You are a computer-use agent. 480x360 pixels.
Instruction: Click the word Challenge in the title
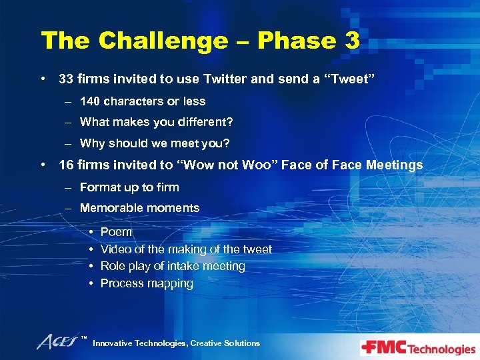point(161,41)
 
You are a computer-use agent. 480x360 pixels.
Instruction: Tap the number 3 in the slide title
point(352,41)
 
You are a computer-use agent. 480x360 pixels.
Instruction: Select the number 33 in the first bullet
point(66,79)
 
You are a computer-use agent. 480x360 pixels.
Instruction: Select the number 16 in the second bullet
point(66,165)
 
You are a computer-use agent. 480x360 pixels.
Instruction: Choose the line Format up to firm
point(129,187)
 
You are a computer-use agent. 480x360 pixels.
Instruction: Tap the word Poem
point(117,232)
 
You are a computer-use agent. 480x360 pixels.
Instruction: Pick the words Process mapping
point(147,283)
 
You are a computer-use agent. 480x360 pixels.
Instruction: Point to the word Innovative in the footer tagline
point(113,343)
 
